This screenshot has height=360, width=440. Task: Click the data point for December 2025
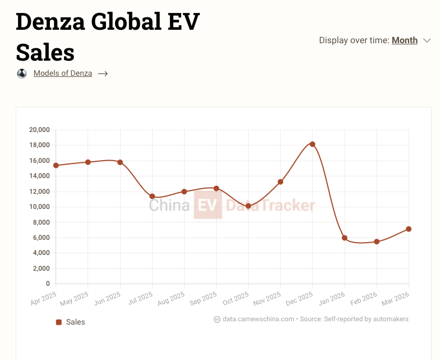[x=313, y=144]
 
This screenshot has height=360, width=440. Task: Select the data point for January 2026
[x=345, y=238]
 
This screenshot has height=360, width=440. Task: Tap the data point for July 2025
[x=152, y=196]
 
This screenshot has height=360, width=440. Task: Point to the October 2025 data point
[x=249, y=206]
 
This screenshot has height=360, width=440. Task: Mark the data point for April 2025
[x=56, y=165]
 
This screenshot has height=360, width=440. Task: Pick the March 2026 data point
[x=409, y=229]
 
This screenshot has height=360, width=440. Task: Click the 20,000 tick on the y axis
[x=39, y=130]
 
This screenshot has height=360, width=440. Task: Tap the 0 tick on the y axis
[x=48, y=284]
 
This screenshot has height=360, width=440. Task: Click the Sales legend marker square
[x=58, y=322]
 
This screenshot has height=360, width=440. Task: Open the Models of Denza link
[x=63, y=73]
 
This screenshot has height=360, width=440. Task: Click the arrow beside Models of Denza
[x=103, y=74]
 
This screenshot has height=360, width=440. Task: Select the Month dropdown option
[x=404, y=40]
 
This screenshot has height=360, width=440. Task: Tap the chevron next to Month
[x=427, y=40]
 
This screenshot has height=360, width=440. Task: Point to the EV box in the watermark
[x=208, y=205]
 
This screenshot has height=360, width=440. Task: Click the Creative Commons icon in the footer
[x=217, y=319]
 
